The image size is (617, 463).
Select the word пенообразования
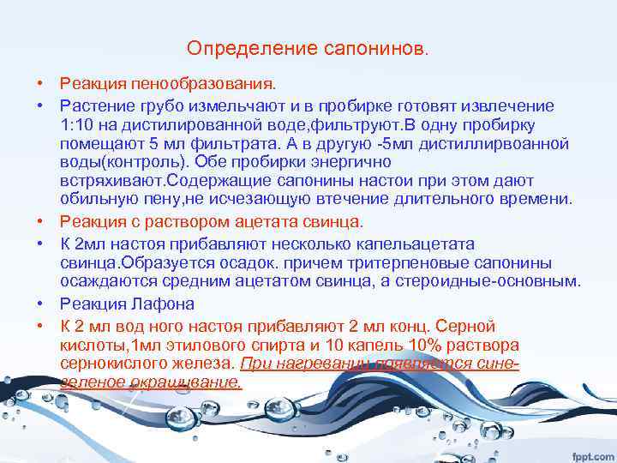point(202,85)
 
